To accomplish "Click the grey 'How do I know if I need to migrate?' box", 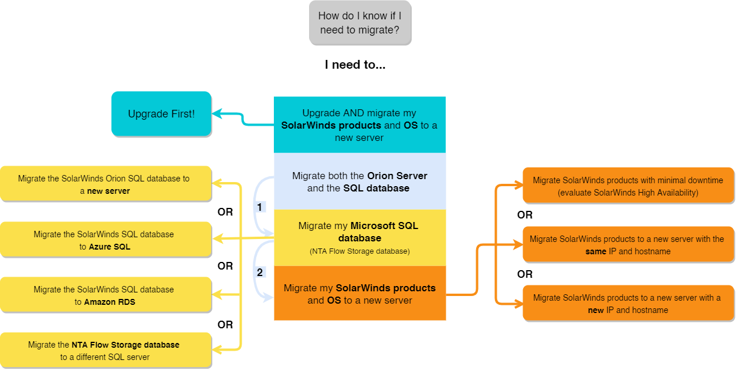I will pos(359,23).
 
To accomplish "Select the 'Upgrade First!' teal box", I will pos(161,114).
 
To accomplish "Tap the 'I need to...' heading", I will pos(355,65).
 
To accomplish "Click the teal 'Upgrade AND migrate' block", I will pos(359,125).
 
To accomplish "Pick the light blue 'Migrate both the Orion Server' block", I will pos(359,181).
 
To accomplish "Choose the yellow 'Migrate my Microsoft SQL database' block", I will pos(359,237).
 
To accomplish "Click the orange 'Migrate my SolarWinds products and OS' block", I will pos(359,294).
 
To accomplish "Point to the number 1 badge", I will pos(260,207).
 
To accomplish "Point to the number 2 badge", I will pos(260,273).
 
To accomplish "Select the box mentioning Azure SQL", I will pos(105,240).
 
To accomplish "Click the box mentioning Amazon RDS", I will pos(105,295).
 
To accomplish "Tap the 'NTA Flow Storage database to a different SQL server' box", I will pos(105,351).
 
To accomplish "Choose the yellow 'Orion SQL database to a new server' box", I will pos(105,184).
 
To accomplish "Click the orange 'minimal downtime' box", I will pos(628,186).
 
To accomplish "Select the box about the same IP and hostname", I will pos(628,245).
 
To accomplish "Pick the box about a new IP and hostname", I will pos(628,304).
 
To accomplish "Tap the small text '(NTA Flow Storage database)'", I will pos(359,251).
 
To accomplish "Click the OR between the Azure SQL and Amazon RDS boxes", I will pos(225,266).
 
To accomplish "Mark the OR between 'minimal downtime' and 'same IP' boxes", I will pos(525,215).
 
